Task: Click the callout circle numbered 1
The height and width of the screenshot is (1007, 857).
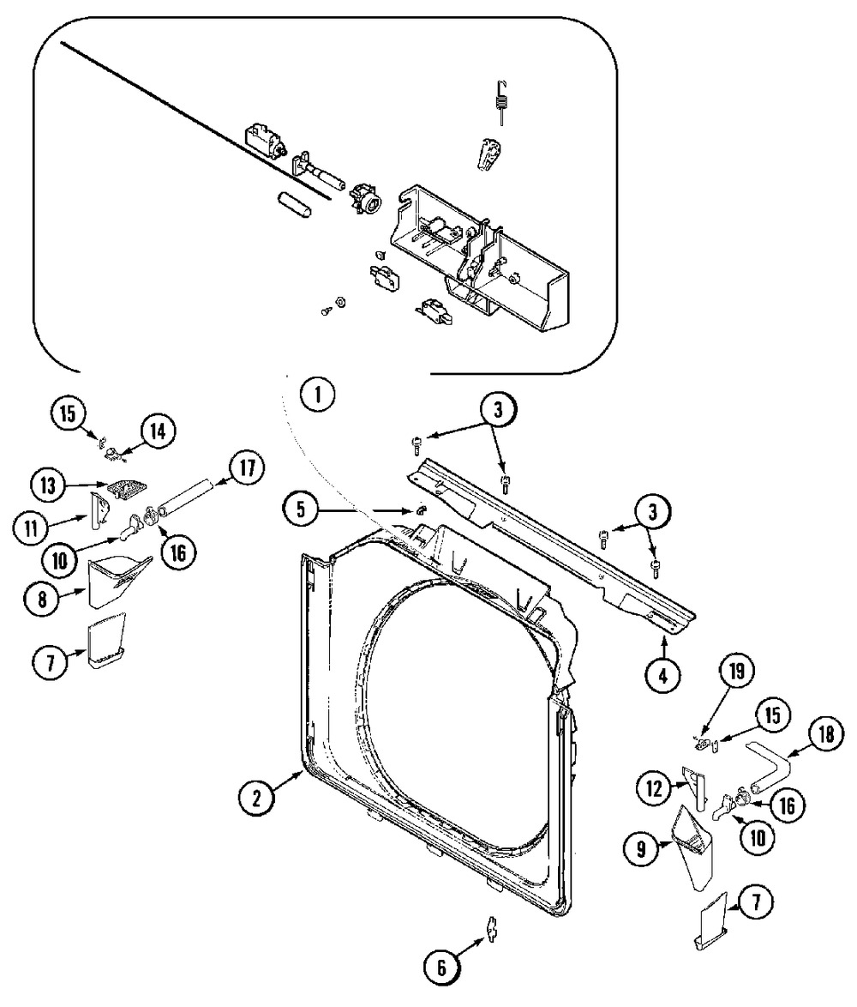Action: pos(317,395)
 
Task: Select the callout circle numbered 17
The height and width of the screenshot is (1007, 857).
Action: pos(246,467)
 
